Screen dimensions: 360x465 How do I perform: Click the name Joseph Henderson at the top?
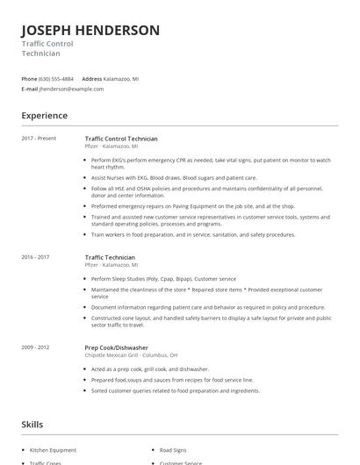pyautogui.click(x=90, y=31)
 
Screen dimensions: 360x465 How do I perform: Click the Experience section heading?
pyautogui.click(x=44, y=116)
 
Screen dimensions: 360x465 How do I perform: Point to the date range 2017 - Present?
pyautogui.click(x=40, y=139)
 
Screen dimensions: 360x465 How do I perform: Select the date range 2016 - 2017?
pyautogui.click(x=36, y=257)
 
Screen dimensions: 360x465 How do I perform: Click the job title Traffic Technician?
pyautogui.click(x=110, y=257)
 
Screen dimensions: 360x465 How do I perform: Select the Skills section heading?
pyautogui.click(x=32, y=424)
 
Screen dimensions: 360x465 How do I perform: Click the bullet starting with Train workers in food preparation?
pyautogui.click(x=193, y=234)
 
